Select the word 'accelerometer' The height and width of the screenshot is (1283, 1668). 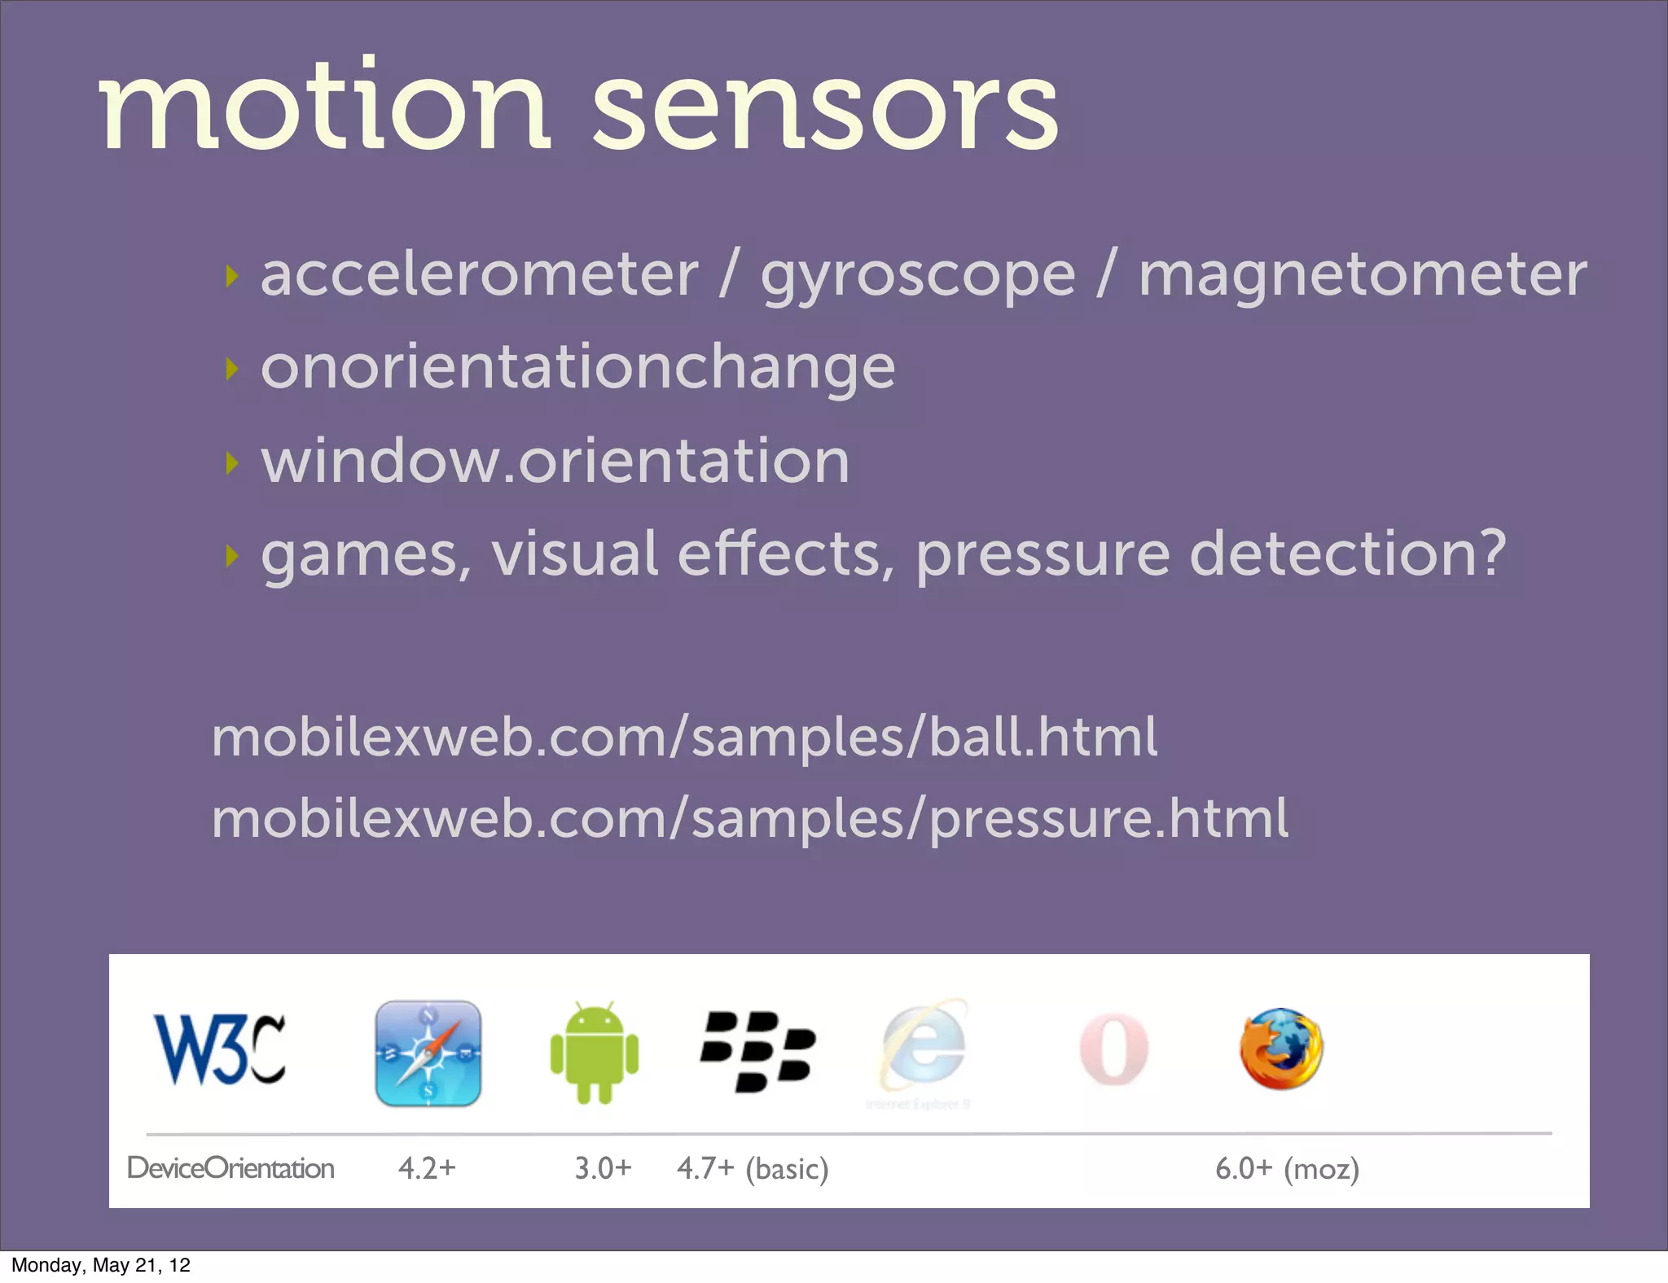coord(479,275)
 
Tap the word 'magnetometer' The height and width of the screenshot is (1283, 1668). coord(1362,275)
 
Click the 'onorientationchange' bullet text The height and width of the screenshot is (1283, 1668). coord(577,368)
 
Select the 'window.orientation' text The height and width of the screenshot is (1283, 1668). coord(555,461)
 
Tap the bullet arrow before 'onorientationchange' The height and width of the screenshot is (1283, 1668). coord(232,369)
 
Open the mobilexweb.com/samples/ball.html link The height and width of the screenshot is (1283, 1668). coord(683,737)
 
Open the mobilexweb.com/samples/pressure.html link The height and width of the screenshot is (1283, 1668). coord(749,818)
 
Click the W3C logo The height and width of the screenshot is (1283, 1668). coord(219,1049)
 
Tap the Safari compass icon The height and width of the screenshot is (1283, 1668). coord(428,1053)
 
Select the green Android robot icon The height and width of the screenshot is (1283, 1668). coord(594,1052)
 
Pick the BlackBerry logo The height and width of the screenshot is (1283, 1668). coord(757,1051)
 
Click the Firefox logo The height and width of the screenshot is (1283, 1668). coord(1280,1049)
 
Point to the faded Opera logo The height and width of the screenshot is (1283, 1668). coord(1113,1049)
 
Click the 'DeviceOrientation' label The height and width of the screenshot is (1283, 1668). coord(230,1168)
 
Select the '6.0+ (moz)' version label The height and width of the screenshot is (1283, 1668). coord(1287,1169)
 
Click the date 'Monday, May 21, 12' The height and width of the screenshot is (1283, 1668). coord(101,1265)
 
